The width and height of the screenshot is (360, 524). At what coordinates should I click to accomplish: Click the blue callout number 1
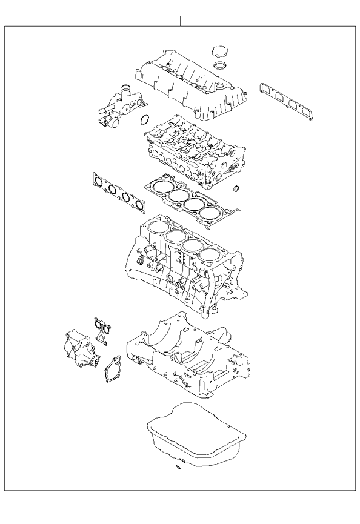point(179,5)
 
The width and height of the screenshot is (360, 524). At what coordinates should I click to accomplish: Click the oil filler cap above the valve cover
point(220,52)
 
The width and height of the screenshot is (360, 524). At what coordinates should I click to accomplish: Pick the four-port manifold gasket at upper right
point(286,101)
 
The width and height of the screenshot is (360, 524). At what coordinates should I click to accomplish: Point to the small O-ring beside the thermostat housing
point(144,120)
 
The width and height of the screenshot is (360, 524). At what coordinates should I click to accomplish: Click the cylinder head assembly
point(195,150)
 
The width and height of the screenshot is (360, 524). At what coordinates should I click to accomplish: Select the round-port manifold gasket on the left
point(119,193)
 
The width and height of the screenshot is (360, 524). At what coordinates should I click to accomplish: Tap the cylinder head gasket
point(192,201)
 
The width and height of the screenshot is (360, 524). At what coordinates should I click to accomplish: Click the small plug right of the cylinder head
point(236,188)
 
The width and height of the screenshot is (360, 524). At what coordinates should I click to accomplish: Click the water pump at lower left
point(81,349)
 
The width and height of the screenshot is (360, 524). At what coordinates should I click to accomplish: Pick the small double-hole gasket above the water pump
point(102,331)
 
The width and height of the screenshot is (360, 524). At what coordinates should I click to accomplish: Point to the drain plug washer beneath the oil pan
point(178,467)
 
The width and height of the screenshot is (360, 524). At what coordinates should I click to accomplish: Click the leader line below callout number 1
point(180,21)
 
